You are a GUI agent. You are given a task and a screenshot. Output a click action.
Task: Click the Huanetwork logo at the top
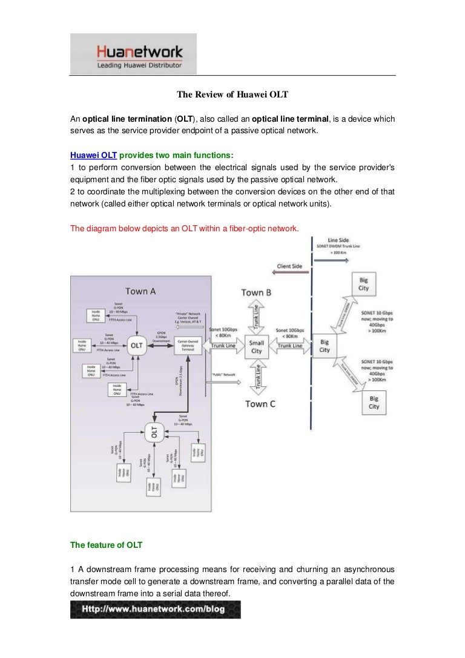[133, 54]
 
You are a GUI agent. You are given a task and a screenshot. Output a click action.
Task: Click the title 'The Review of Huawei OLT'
[232, 94]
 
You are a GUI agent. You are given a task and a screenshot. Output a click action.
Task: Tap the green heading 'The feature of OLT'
[107, 545]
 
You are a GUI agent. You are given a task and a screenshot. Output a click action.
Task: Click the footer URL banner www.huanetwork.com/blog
[155, 609]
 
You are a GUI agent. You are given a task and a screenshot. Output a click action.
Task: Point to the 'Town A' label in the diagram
[140, 291]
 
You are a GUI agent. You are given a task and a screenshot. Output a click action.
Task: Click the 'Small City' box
[257, 346]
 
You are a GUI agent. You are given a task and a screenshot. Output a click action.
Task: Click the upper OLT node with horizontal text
[136, 345]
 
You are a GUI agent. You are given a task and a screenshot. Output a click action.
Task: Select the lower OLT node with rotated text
[153, 432]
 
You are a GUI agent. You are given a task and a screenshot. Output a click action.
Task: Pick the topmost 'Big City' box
[363, 285]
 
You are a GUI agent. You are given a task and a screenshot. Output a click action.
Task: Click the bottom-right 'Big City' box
[374, 403]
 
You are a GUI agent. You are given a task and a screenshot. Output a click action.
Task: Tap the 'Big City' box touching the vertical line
[325, 346]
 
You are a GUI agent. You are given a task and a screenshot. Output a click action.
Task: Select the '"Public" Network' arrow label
[223, 375]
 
